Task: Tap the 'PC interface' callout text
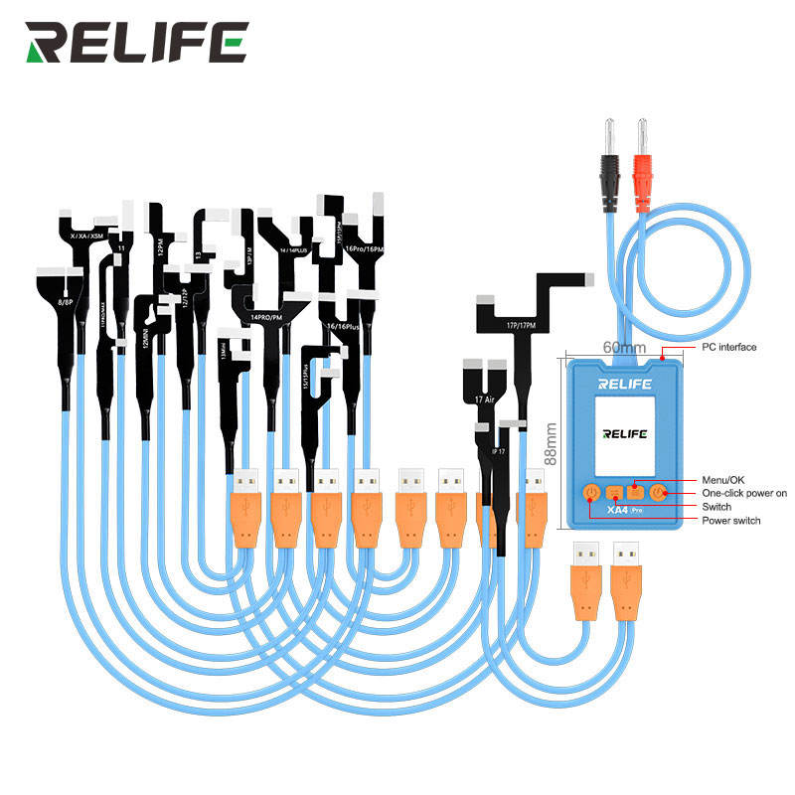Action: (x=728, y=348)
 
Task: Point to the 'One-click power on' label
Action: (x=744, y=493)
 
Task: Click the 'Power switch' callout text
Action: (x=730, y=521)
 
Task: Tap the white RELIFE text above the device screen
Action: (x=623, y=382)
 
